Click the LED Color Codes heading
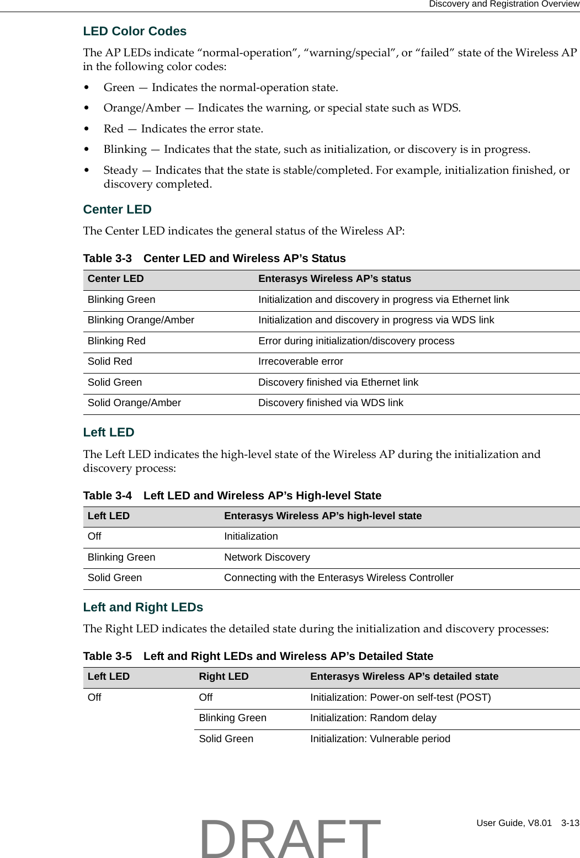(x=135, y=31)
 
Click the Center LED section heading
(x=117, y=210)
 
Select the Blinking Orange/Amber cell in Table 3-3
(x=141, y=320)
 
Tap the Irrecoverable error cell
(x=301, y=361)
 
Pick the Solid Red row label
(x=110, y=361)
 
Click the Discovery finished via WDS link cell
(x=331, y=403)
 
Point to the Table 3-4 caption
(x=232, y=495)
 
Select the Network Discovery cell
(x=267, y=557)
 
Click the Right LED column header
(x=224, y=676)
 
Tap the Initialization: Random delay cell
(x=373, y=718)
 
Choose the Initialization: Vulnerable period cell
(x=380, y=739)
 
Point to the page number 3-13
(x=570, y=823)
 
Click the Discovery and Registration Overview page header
(x=504, y=4)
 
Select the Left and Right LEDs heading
(x=143, y=607)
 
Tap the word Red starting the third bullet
(x=113, y=129)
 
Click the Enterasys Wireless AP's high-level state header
(x=323, y=516)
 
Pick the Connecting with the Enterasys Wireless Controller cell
(x=339, y=578)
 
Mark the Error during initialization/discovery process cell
(x=356, y=341)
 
